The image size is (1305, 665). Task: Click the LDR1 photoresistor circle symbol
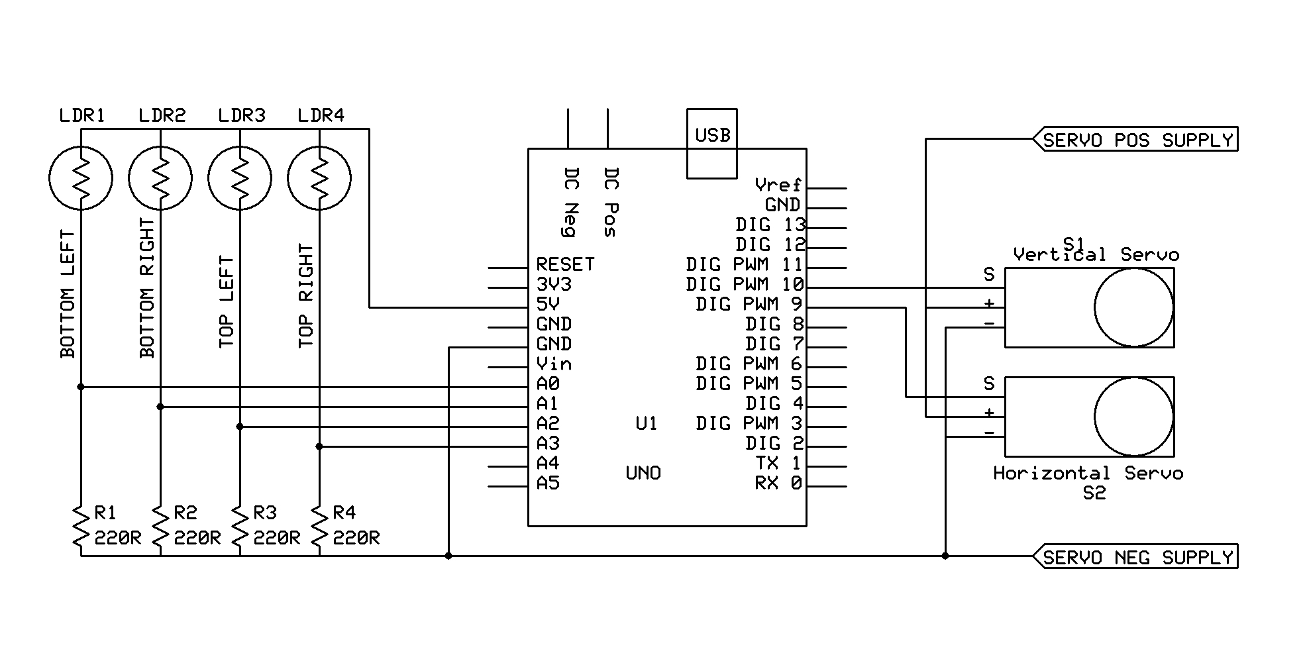click(81, 178)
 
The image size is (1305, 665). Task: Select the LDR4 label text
click(321, 115)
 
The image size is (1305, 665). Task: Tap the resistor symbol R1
click(81, 528)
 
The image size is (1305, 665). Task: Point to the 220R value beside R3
click(277, 538)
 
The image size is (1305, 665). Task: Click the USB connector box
click(712, 143)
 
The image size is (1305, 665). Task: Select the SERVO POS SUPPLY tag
click(1137, 140)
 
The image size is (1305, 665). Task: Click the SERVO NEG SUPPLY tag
click(1137, 557)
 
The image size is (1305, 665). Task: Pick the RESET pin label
click(565, 264)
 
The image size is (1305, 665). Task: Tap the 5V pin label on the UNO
click(548, 304)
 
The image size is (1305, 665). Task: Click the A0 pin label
click(548, 384)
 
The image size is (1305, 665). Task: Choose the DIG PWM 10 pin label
click(745, 284)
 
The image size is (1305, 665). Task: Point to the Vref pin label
click(778, 185)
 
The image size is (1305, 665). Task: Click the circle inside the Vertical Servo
click(1133, 307)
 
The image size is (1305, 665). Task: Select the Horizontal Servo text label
click(1088, 473)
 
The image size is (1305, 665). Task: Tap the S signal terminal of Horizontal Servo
click(989, 384)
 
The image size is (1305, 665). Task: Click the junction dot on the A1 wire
click(160, 407)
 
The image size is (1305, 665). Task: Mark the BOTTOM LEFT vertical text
click(68, 294)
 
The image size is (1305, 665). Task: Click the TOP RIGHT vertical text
click(305, 295)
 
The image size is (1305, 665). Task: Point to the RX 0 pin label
click(778, 483)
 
